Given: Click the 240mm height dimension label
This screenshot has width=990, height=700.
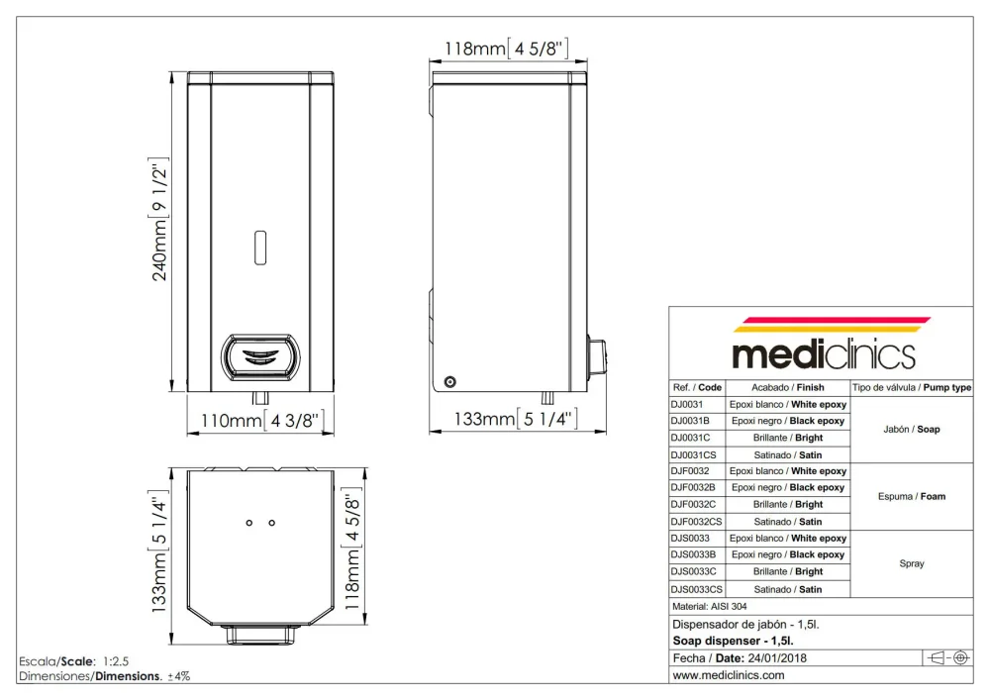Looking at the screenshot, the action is tap(159, 219).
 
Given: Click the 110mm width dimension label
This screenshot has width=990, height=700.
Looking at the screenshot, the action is tap(262, 421).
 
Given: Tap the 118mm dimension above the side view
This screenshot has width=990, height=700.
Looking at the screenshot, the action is tap(506, 49).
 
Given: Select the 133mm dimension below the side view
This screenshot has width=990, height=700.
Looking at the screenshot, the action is tap(516, 419).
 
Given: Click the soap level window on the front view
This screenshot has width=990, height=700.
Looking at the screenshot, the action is tap(260, 248).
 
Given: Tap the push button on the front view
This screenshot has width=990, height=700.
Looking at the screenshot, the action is tap(260, 357).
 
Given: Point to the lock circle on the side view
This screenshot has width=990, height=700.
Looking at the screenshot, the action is tap(449, 381).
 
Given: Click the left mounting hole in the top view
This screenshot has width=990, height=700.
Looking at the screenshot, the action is tap(249, 523).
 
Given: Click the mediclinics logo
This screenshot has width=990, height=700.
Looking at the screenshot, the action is tap(824, 344).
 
